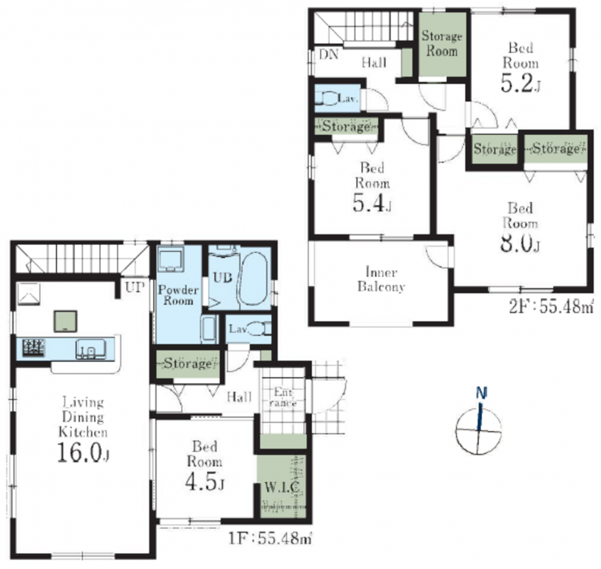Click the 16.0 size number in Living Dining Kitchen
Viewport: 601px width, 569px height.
(83, 452)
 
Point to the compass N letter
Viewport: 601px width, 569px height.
(481, 392)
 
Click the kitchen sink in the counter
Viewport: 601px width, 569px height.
(90, 349)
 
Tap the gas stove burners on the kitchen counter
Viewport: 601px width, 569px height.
(33, 348)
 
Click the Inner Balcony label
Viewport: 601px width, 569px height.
(381, 279)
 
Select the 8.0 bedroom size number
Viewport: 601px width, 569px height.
(520, 243)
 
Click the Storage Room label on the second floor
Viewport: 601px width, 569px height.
(442, 43)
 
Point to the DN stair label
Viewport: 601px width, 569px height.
(329, 55)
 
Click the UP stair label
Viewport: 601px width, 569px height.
(135, 288)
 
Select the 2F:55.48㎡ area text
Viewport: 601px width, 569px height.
(551, 307)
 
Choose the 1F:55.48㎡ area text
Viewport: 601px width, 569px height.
(270, 539)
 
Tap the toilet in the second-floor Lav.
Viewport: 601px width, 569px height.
(326, 99)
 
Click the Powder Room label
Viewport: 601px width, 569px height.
(178, 295)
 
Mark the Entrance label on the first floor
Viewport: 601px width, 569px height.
(283, 398)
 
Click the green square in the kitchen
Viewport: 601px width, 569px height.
(65, 321)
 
